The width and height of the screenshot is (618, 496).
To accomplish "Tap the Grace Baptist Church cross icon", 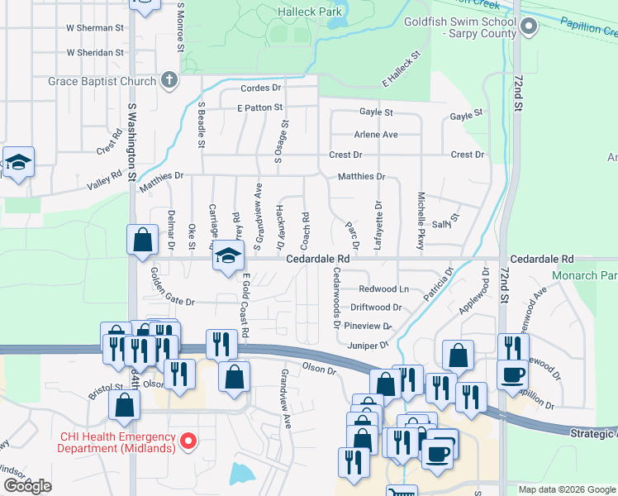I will pos(169,81).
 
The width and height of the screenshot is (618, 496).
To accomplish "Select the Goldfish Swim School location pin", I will pos(529,28).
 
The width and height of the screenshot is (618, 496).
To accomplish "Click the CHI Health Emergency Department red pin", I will pos(188,442).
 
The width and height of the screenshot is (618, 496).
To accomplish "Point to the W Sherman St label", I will pos(95,27).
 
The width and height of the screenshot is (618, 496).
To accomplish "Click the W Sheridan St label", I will pos(95,52).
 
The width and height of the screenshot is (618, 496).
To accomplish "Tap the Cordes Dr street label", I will pos(261,88).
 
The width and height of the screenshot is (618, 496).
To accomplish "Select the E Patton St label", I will pos(259,107).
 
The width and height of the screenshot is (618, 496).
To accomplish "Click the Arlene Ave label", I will pos(376,134).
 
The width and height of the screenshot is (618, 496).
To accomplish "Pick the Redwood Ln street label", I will pos(384,289).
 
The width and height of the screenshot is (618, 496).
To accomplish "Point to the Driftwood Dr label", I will pos(376,307).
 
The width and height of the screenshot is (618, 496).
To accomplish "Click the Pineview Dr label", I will pos(368,326).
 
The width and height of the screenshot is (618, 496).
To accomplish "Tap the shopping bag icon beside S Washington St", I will pos(143,240).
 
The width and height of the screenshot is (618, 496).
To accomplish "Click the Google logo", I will pos(27,486).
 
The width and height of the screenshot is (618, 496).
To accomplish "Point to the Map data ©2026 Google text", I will pos(567,489).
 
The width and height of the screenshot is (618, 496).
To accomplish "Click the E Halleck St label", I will pos(402,68).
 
